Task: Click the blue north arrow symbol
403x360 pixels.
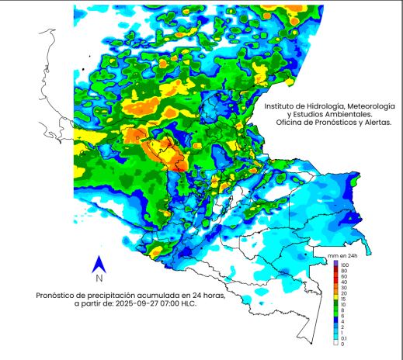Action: [99, 264]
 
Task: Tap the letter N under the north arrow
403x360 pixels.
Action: [99, 278]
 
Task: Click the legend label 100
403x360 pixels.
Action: [345, 265]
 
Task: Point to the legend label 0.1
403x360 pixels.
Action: [344, 338]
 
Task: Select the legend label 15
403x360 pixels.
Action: [343, 299]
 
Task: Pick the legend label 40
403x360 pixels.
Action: [343, 282]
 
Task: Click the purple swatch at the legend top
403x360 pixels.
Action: [335, 264]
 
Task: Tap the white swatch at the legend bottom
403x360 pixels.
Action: [335, 344]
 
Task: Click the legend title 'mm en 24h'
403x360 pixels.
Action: [342, 254]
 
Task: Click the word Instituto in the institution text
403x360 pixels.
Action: [281, 106]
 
